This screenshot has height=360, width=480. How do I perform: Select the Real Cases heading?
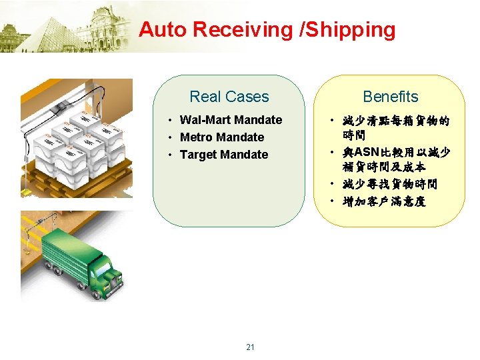229,97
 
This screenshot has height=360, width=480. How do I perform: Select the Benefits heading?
391,97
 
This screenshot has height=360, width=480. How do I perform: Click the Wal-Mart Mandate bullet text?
231,120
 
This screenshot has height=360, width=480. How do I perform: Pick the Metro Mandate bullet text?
222,137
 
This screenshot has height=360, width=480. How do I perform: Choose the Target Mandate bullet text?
224,155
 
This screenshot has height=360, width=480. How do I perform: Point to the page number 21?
250,347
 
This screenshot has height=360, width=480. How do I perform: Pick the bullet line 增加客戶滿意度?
383,201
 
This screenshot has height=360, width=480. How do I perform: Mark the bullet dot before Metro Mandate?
171,137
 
